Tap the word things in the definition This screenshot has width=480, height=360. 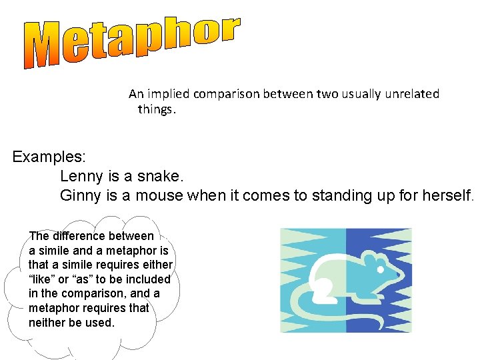pos(157,109)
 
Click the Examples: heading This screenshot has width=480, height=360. pos(49,158)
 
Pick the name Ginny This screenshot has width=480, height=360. pos(81,196)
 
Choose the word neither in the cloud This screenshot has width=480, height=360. pos(47,323)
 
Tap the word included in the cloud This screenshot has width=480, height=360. pos(148,279)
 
